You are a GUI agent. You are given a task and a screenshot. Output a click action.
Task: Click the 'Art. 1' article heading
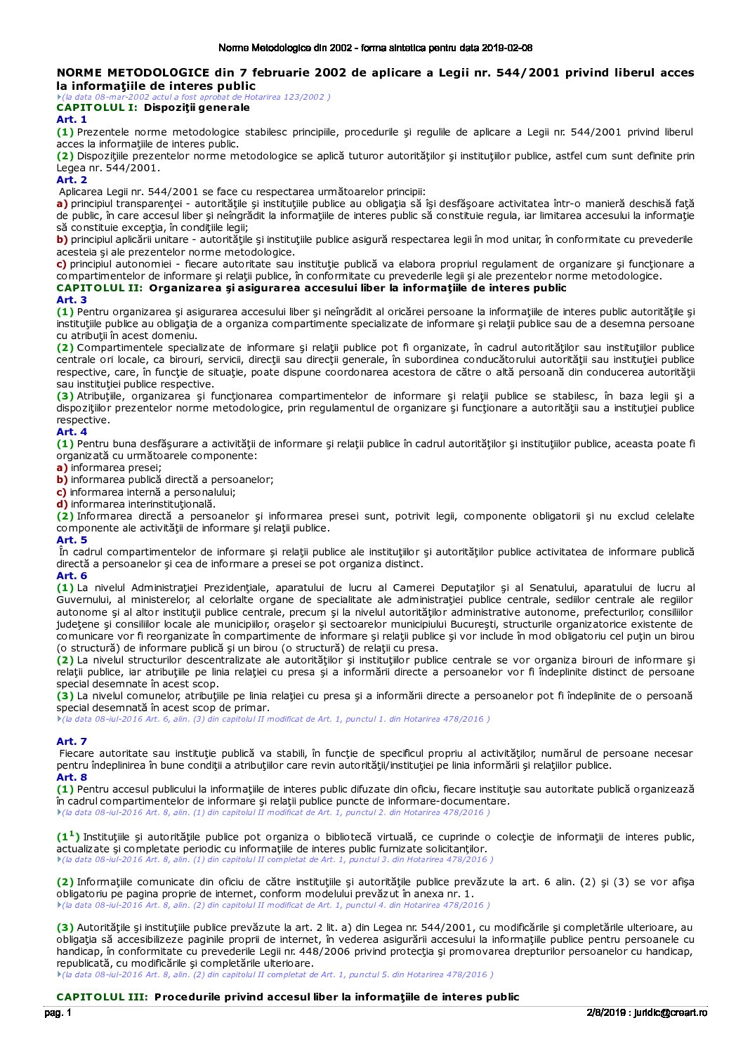72,120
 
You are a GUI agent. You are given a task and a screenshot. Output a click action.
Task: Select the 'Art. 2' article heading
72,180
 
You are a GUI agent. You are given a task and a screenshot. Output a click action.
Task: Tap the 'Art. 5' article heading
72,540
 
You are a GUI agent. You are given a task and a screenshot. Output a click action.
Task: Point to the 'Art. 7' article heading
72,741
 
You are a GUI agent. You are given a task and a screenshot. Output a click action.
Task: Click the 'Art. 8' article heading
72,777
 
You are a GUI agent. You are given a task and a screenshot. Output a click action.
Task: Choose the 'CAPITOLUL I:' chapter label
97,108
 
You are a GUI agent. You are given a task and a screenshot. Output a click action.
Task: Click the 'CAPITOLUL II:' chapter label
100,288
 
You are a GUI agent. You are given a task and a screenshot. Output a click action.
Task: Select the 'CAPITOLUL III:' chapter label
103,997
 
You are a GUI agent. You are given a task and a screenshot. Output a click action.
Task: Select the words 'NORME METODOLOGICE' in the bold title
133,73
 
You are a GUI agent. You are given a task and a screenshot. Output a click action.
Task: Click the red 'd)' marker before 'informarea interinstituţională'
62,504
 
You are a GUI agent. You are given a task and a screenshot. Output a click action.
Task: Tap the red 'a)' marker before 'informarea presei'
62,468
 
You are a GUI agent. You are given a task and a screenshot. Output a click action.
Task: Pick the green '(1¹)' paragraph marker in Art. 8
68,836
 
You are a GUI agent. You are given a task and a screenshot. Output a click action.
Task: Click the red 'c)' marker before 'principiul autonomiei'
62,264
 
